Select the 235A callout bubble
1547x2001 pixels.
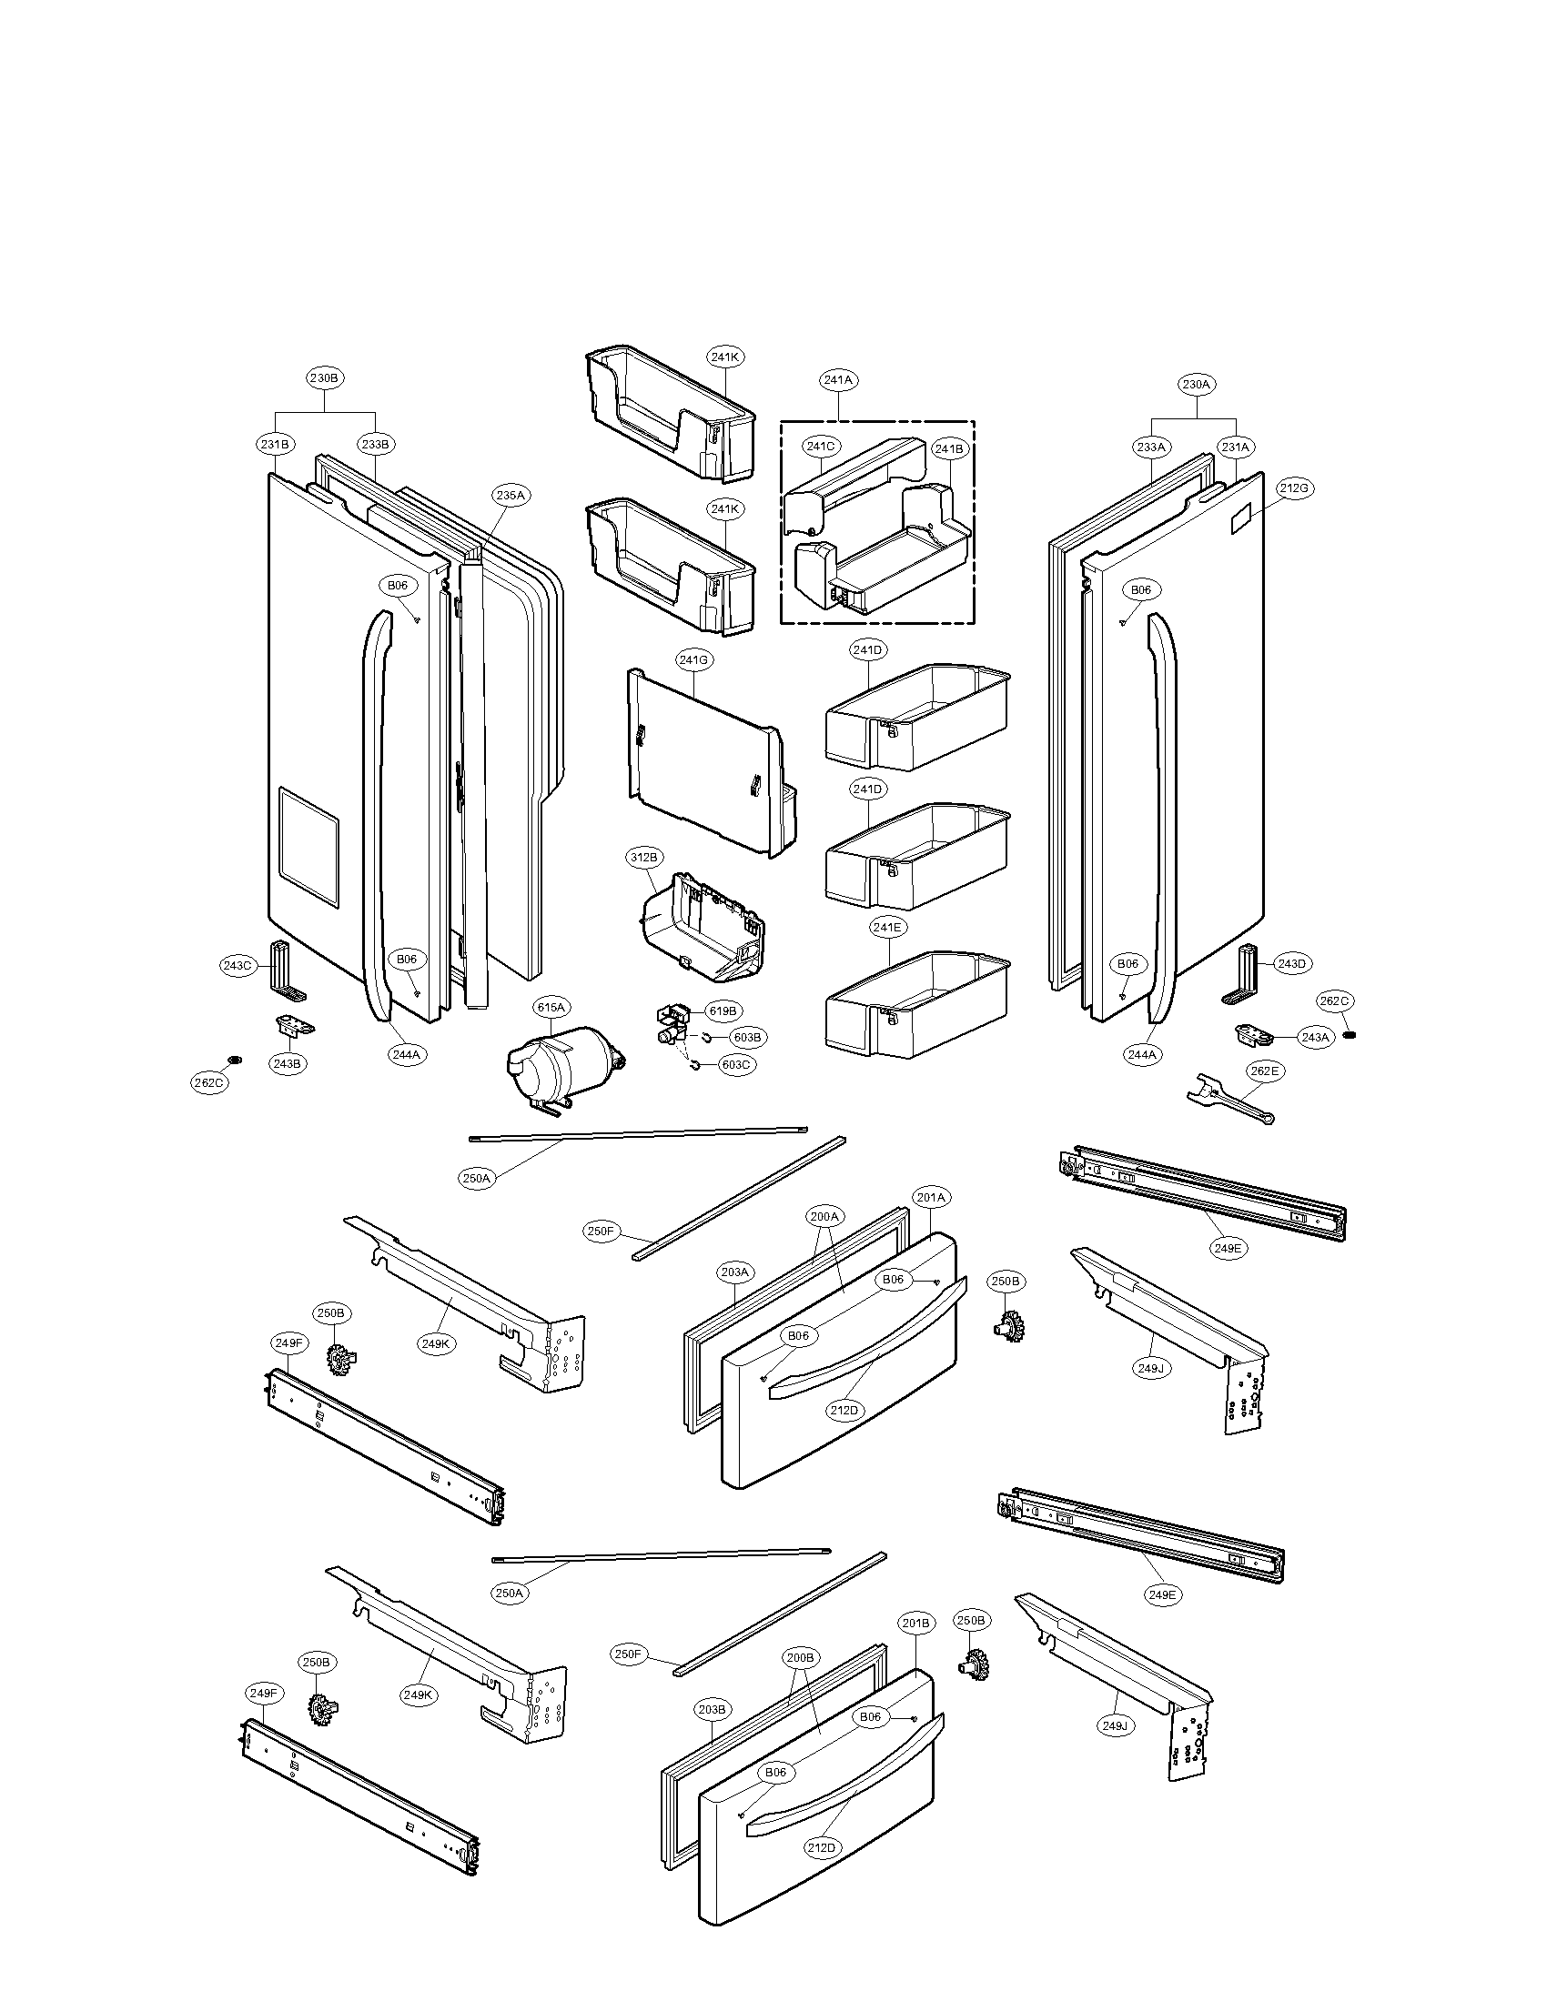point(510,496)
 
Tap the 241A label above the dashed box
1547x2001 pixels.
point(839,379)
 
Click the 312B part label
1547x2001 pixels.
point(643,858)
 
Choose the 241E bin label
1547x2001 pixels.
point(887,927)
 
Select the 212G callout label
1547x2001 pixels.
point(1294,488)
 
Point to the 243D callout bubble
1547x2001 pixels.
point(1290,964)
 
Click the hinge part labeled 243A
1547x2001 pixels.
point(1252,1034)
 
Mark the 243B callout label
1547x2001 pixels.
point(286,1064)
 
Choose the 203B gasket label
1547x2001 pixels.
point(713,1710)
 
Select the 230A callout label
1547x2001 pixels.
point(1196,385)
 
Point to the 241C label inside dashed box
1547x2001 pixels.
point(820,447)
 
